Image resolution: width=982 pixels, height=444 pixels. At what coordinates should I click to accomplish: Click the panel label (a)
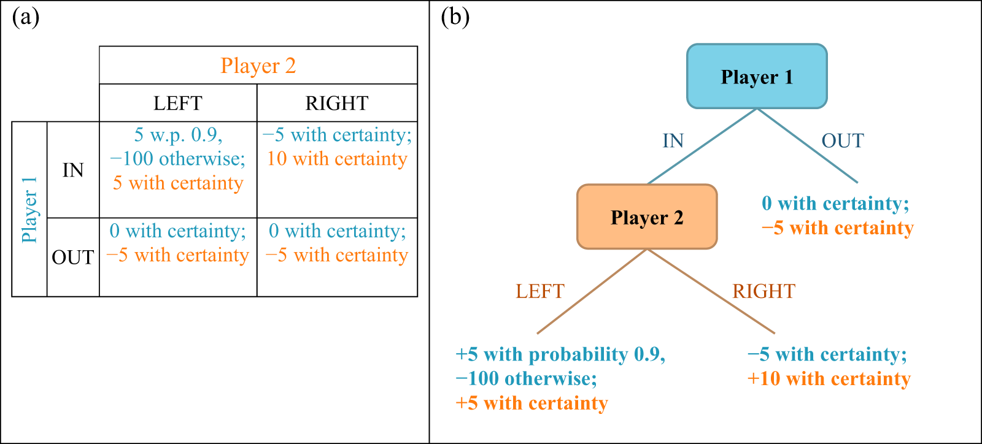[25, 17]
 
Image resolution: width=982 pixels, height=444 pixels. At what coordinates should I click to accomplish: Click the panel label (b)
[455, 17]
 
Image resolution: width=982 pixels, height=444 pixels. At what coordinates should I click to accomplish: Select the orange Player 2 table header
[258, 66]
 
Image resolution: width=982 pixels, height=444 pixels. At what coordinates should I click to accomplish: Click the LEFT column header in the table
[177, 103]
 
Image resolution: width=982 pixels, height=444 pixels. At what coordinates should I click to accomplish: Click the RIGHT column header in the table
[336, 103]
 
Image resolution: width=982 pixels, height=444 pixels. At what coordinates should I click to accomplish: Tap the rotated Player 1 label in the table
[29, 210]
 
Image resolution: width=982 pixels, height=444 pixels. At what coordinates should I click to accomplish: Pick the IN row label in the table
[73, 170]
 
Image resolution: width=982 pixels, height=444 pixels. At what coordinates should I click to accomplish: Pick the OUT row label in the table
[73, 257]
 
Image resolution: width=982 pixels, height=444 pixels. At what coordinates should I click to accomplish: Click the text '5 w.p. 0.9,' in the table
[178, 134]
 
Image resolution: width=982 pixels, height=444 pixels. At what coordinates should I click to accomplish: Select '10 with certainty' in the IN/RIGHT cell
[337, 159]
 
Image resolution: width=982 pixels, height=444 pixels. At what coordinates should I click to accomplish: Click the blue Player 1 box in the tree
[757, 77]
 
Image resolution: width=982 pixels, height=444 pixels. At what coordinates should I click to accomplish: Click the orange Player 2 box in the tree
[647, 217]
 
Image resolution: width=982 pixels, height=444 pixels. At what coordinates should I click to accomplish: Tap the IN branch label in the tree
[673, 140]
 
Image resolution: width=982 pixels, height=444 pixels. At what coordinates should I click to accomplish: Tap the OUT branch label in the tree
[842, 140]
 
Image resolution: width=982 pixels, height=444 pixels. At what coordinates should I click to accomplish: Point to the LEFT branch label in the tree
[539, 291]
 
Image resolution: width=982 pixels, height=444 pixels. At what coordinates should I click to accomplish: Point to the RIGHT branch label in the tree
[764, 291]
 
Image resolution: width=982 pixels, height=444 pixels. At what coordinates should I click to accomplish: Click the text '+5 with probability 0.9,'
[560, 354]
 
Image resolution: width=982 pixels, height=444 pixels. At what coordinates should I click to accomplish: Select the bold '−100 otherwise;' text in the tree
[526, 378]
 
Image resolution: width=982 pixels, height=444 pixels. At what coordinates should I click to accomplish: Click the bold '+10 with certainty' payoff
[829, 378]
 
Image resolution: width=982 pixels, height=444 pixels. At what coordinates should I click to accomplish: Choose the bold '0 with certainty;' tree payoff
[835, 203]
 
